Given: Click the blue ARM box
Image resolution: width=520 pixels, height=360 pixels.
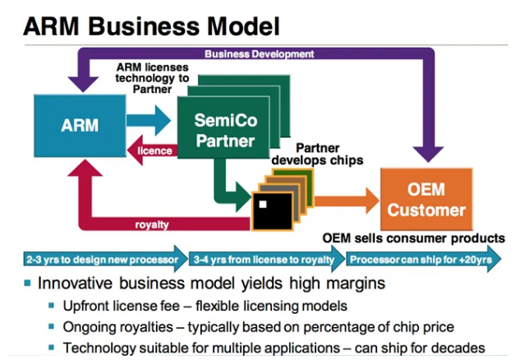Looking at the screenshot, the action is point(80,126).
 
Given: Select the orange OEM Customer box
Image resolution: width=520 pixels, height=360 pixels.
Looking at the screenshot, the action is point(426,199).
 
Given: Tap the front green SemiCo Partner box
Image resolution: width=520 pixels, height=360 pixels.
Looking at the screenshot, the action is point(223,127).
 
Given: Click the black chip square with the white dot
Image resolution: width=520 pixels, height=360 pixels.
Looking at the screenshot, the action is point(273,211).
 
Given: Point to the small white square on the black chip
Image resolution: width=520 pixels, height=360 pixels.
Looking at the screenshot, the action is point(263,204).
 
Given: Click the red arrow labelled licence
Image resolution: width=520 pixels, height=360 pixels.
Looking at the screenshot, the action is point(153,150).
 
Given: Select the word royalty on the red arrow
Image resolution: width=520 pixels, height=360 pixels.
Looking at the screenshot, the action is point(152,224).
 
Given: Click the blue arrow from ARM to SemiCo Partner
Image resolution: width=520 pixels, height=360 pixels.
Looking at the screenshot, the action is point(149,120).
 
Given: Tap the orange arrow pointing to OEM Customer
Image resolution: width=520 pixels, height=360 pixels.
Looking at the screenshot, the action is point(347,201).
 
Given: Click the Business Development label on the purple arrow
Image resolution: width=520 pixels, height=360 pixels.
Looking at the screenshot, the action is point(259,53).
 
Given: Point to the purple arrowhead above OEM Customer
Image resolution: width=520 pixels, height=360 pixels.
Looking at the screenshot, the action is point(428,154).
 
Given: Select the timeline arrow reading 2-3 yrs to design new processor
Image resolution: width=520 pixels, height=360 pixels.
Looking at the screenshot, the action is point(105,259).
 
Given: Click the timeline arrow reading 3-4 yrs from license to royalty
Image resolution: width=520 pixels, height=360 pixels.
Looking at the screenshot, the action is point(267,259).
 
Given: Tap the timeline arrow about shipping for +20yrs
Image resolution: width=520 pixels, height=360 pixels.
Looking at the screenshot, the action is point(424,259).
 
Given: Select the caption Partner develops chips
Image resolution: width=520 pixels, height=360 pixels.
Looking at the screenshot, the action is point(317,154).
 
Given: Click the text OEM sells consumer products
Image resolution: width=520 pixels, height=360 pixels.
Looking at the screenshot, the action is point(413,238).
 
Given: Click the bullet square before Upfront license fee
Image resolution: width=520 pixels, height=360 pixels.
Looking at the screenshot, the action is point(51,305).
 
